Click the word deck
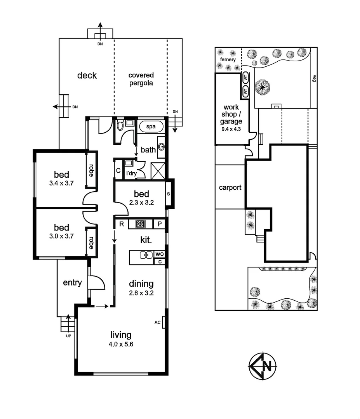pos(87,75)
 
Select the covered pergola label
pos(141,79)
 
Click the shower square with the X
pos(158,171)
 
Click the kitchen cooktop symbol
pos(140,224)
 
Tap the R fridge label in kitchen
pos(122,224)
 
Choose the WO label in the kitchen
pos(159,254)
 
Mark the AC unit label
pos(158,322)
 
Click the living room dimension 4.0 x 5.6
pos(121,344)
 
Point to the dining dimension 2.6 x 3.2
pos(141,293)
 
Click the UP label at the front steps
pos(68,336)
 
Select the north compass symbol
pos(263,366)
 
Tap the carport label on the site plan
pos(230,187)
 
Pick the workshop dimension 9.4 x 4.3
pos(232,129)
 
